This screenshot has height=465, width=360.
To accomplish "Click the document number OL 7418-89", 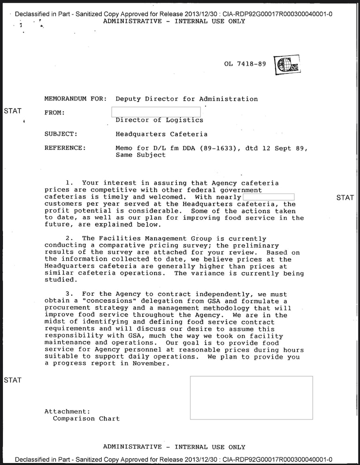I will coord(245,64).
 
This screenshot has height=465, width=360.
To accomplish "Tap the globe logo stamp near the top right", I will coord(287,65).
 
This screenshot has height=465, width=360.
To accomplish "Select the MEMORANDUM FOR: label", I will coord(75,99).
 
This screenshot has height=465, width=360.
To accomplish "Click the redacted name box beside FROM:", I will coord(156,112).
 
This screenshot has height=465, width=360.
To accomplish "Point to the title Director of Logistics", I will coord(159,120).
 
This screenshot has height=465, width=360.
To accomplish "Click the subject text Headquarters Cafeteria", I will coord(161,134).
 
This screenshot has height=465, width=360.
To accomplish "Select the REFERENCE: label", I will coord(65,148).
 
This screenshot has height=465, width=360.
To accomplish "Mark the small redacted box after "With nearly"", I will coord(269,197).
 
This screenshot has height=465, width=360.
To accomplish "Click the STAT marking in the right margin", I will coord(345,198).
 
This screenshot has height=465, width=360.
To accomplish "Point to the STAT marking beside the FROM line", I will coord(13,111).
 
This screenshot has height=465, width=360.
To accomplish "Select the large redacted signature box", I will coord(251,397).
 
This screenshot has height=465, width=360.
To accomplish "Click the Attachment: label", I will coord(67,412).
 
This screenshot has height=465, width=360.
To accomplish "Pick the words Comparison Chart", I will coord(86,419).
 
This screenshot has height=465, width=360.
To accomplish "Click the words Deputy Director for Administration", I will coord(187,99).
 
